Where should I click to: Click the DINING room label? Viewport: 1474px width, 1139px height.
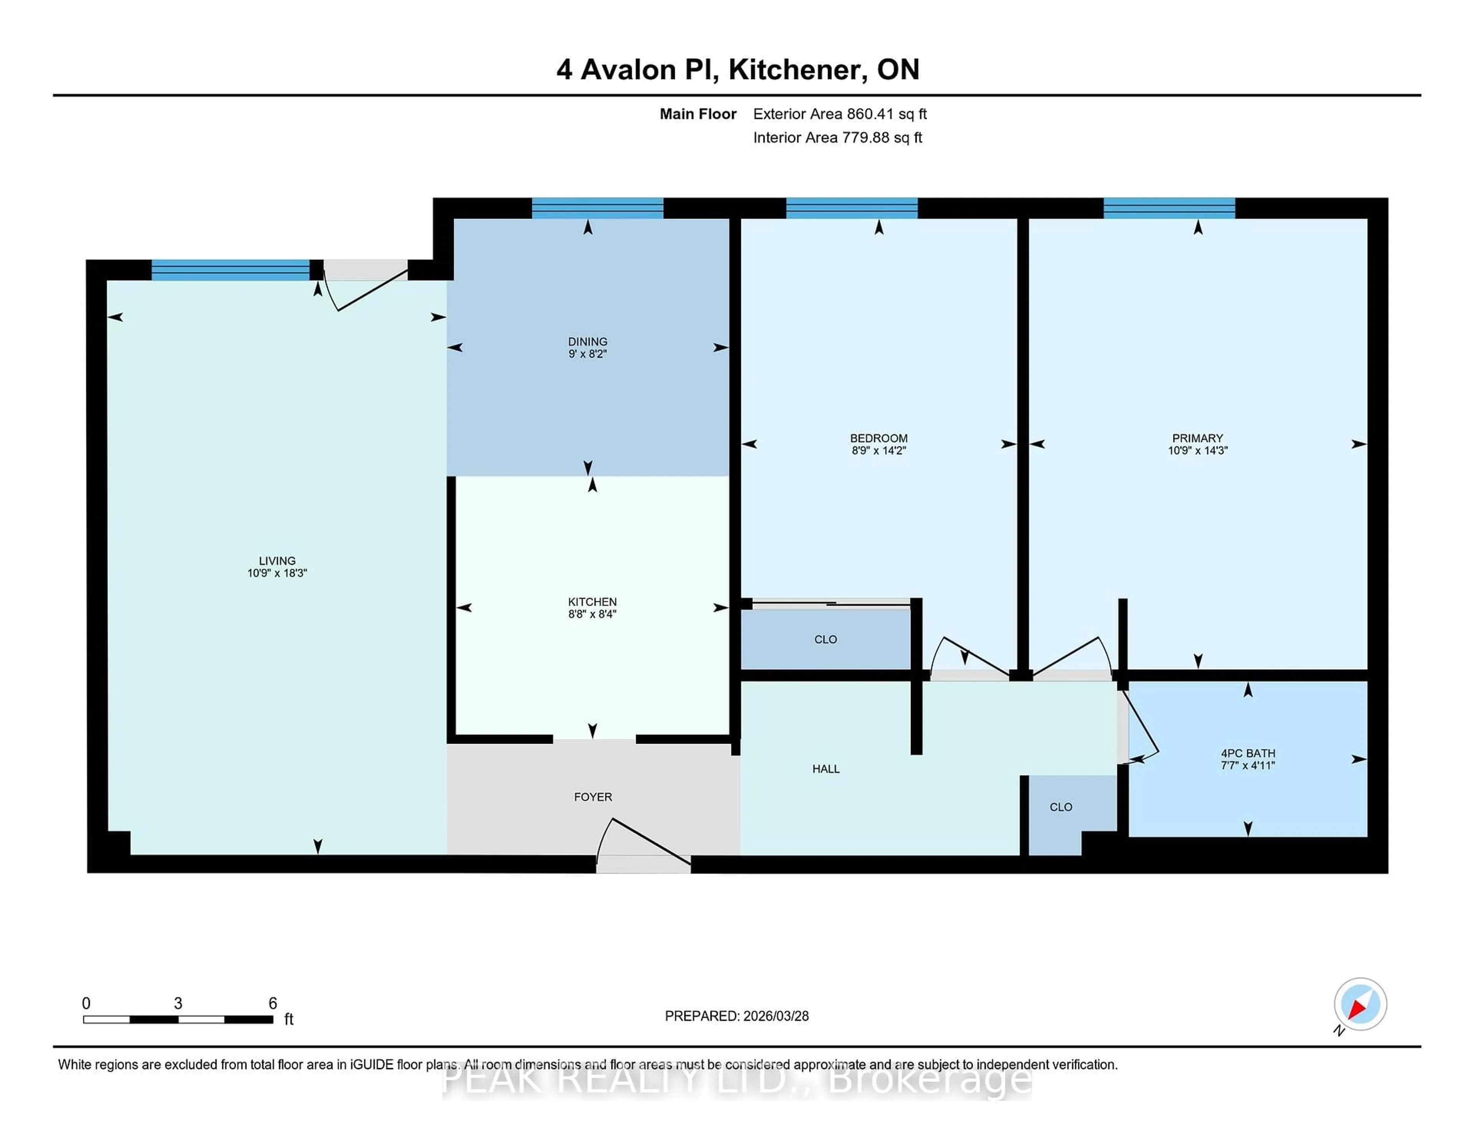(587, 342)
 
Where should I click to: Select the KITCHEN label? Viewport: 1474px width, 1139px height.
(592, 602)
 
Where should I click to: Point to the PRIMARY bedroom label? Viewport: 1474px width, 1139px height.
(1197, 438)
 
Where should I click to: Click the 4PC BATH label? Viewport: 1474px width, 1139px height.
(1247, 753)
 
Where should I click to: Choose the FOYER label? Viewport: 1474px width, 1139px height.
(593, 797)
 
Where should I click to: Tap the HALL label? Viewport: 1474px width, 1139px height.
(825, 769)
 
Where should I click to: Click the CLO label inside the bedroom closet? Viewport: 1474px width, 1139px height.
(825, 639)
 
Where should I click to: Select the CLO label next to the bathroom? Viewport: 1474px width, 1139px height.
(1060, 807)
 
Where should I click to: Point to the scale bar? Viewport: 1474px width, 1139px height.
(178, 1020)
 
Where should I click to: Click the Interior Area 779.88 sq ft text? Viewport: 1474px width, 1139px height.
(837, 138)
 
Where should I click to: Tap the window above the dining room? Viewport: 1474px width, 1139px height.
(597, 208)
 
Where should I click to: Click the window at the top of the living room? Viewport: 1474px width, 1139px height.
(230, 270)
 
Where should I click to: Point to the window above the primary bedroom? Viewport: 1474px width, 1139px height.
(1169, 208)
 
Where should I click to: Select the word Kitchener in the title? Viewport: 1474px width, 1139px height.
(798, 69)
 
